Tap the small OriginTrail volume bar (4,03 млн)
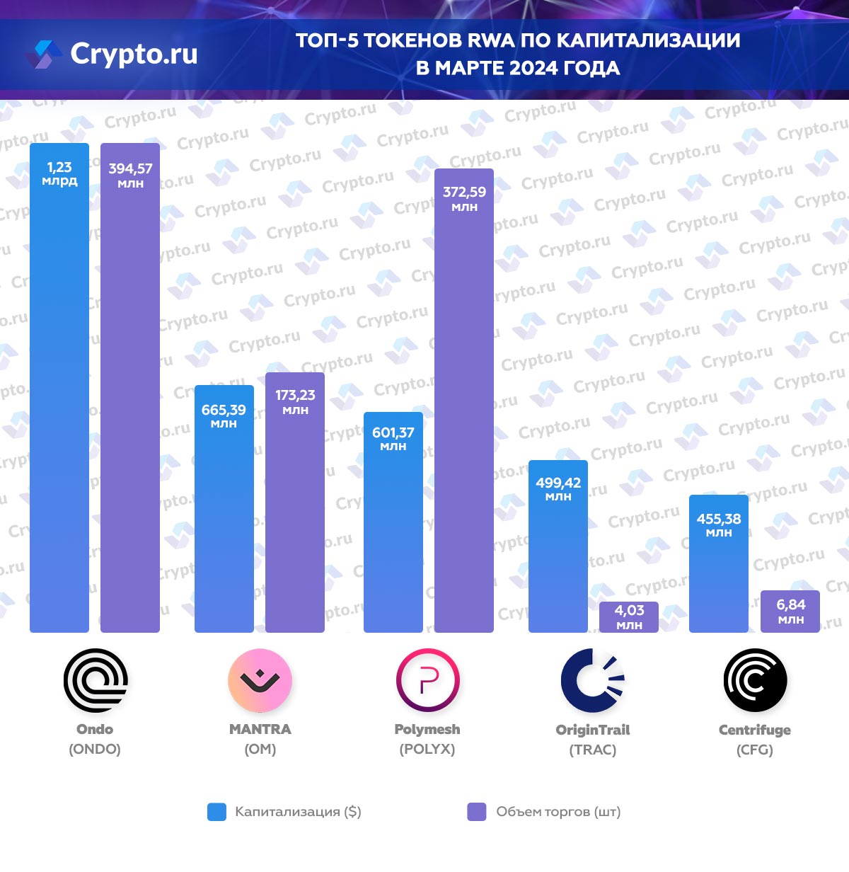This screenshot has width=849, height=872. tap(629, 617)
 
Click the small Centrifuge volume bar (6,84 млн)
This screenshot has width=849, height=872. tap(790, 612)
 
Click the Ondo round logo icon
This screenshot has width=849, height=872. tap(96, 680)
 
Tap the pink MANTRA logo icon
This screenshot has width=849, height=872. tap(260, 680)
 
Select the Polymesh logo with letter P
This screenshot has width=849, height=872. tap(427, 680)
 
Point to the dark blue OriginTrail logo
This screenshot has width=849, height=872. tap(593, 680)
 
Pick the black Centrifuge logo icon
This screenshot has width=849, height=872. tap(755, 680)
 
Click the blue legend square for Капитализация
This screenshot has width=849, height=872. tap(216, 812)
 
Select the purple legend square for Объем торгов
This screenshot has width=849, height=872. tap(477, 812)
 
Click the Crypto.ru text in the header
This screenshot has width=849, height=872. tap(134, 54)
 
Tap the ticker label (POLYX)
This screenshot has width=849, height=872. tap(427, 749)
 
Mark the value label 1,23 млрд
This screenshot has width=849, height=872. tap(59, 173)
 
